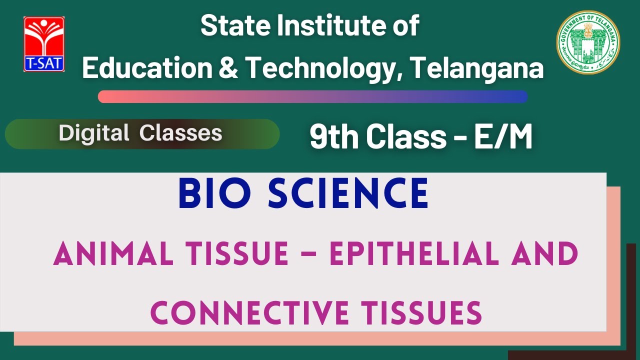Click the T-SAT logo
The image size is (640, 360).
44,44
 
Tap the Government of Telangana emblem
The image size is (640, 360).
588,42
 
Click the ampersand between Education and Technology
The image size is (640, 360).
228,68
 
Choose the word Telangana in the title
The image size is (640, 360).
477,68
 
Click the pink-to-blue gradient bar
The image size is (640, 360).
312,96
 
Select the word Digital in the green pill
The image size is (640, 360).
94,133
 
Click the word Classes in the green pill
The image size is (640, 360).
181,133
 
